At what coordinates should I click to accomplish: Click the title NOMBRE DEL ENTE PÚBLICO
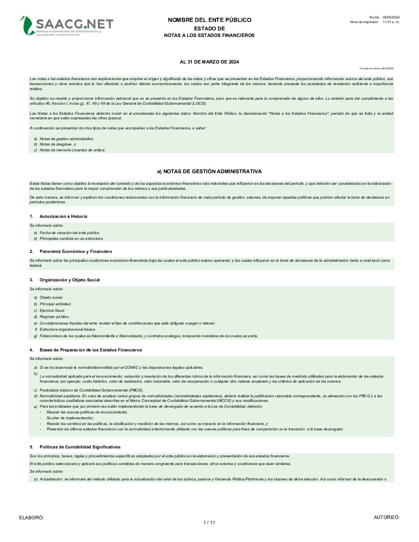point(209,20)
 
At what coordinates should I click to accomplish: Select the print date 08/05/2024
point(391,17)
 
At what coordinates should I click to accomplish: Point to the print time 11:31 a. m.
point(391,22)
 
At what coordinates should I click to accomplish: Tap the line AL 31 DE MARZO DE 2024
point(209,62)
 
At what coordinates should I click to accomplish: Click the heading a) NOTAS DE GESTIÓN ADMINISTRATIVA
point(209,171)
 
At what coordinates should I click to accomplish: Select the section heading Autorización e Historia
point(63,216)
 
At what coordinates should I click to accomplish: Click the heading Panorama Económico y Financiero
point(75,251)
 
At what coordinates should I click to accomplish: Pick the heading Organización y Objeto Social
point(69,280)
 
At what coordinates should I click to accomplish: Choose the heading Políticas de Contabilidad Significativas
point(80,447)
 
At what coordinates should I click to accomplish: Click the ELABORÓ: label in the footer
point(32,518)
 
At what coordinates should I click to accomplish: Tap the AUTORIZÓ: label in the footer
point(387,517)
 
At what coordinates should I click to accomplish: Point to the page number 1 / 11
point(209,522)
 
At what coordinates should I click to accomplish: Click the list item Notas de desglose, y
point(58,144)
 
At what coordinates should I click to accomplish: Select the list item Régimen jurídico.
point(54,317)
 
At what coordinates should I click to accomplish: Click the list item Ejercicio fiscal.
point(52,310)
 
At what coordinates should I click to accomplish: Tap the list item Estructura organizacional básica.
point(68,330)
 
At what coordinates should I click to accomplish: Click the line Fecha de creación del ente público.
point(70,233)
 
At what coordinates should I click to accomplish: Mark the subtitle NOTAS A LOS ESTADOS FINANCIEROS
point(209,35)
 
